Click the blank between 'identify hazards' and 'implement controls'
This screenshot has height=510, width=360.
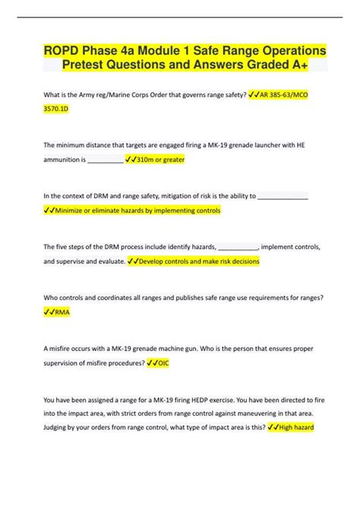point(238,246)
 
